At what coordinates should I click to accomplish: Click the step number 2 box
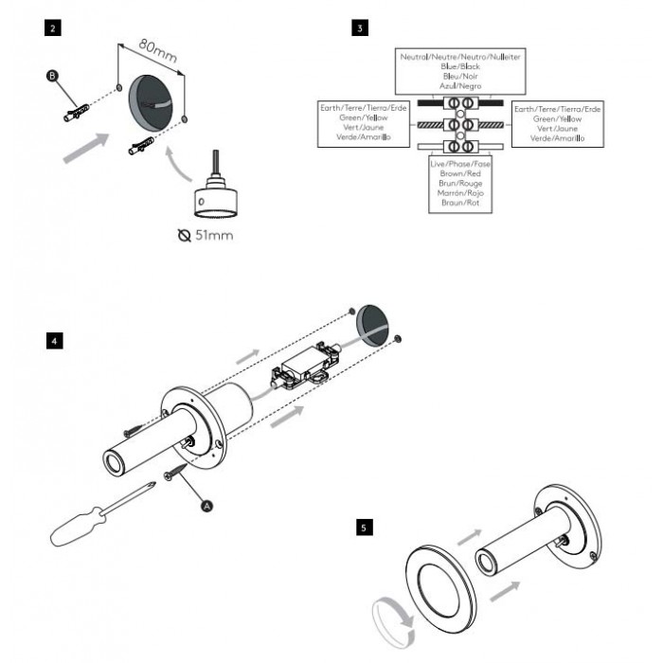[52, 27]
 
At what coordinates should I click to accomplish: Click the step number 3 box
[359, 27]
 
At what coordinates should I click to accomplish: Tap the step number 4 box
[55, 341]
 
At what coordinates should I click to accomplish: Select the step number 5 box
[365, 528]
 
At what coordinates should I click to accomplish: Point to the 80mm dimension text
[158, 51]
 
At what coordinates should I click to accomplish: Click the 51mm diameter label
[206, 235]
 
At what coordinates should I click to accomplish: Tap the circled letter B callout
[52, 76]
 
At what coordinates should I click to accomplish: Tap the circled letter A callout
[206, 506]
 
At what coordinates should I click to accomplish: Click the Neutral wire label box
[460, 71]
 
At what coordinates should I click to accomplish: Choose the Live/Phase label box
[460, 184]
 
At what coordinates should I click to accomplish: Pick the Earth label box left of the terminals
[364, 123]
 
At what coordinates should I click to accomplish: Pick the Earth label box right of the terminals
[558, 124]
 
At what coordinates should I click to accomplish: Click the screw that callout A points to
[175, 471]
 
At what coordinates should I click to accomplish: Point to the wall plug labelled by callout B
[77, 113]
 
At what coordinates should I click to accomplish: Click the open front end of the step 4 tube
[113, 463]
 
